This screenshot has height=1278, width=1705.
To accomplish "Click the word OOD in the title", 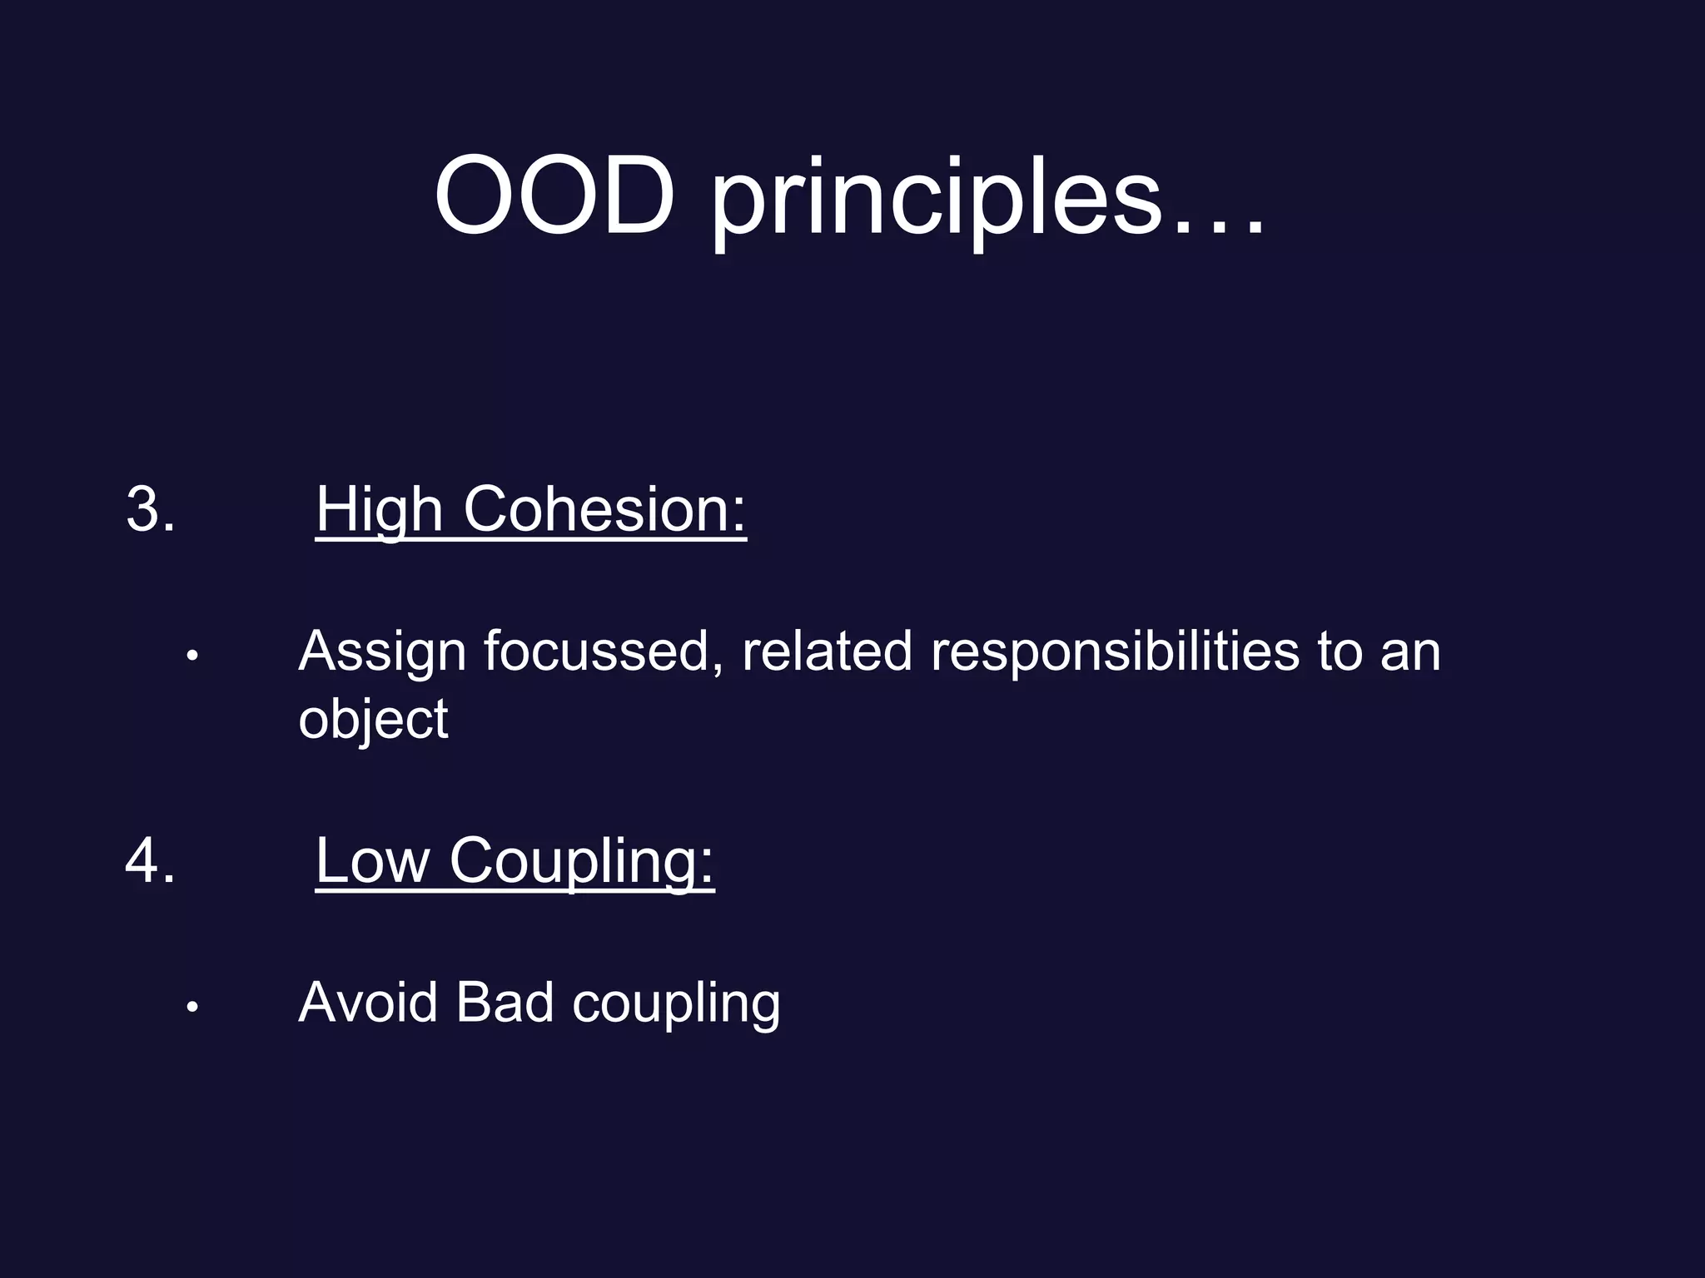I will pos(554,196).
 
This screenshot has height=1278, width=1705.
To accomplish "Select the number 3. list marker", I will pos(151,508).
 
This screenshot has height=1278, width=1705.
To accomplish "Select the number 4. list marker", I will pos(151,860).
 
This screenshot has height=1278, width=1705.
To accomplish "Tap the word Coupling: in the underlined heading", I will pos(581,862).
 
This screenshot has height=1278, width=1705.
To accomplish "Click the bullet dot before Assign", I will pos(192,656).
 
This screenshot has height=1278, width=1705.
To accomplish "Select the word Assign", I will pos(382,652).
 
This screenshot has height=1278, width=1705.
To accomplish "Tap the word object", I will pos(373,720).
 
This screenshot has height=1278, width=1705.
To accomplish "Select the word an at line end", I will pos(1410,652).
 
